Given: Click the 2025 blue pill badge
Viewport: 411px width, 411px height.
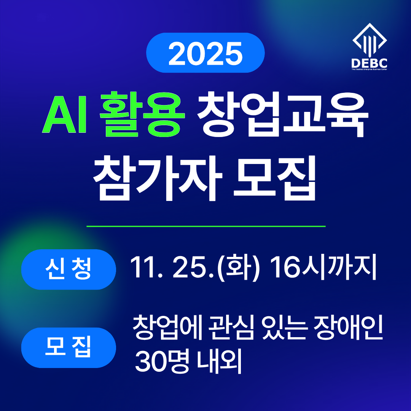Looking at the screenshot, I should coord(205,53).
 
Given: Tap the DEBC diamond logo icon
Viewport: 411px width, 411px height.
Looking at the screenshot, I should coord(370,40).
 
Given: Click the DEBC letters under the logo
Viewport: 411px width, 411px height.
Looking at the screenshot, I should coord(370,63).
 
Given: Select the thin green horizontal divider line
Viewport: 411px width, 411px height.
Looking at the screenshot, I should coord(206,226).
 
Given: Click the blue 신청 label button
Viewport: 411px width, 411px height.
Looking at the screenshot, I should coord(68,269).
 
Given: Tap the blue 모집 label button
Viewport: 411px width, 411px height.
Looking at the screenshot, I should coord(68,348).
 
